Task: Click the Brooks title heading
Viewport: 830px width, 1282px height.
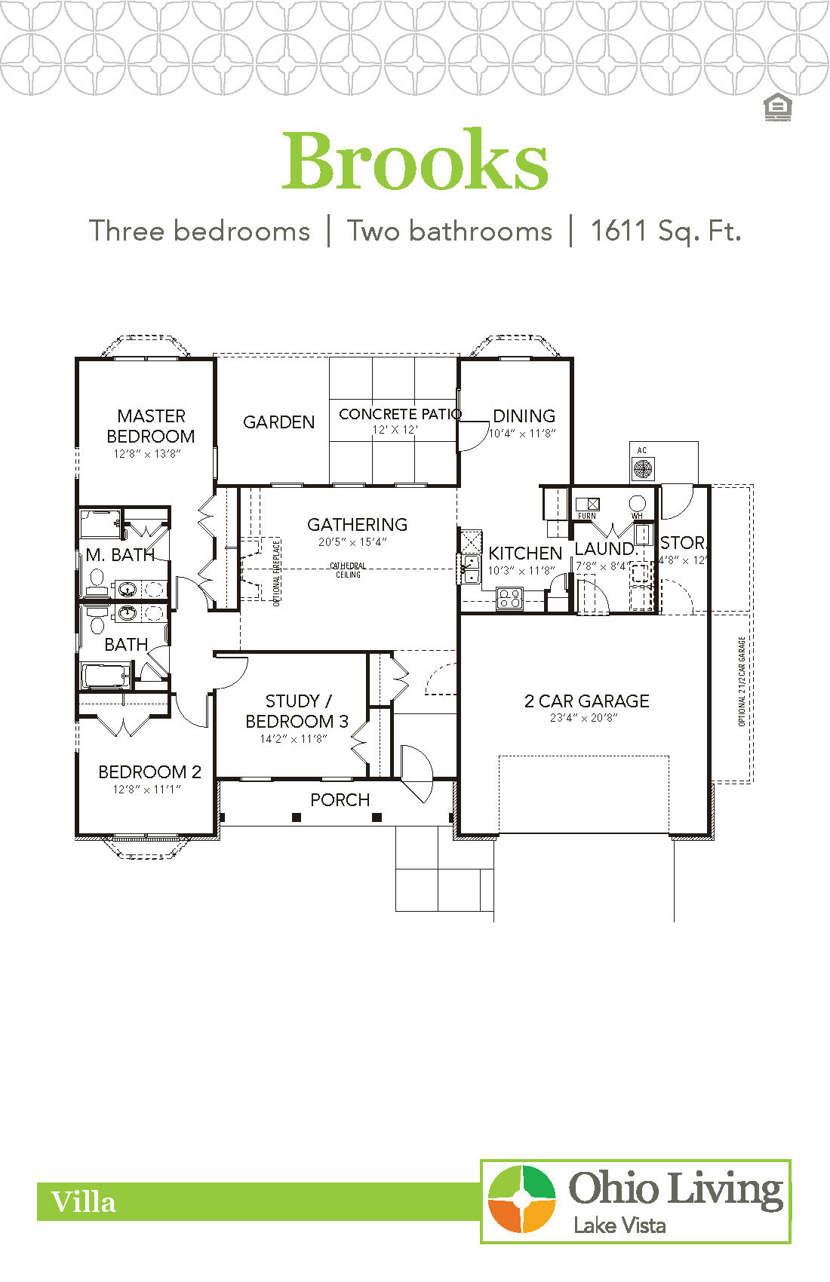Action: pyautogui.click(x=415, y=161)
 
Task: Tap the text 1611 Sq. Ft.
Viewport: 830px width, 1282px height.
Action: pyautogui.click(x=665, y=231)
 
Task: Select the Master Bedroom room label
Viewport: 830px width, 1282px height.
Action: pyautogui.click(x=151, y=426)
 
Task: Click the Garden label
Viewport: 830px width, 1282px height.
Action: pyautogui.click(x=278, y=422)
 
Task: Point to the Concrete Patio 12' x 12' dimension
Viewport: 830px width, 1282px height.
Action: pyautogui.click(x=395, y=430)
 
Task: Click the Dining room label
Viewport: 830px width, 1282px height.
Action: pyautogui.click(x=524, y=416)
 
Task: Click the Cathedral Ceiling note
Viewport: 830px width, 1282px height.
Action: pyautogui.click(x=348, y=570)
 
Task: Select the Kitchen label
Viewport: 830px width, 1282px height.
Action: pyautogui.click(x=525, y=554)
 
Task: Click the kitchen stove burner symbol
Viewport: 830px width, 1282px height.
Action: pyautogui.click(x=509, y=599)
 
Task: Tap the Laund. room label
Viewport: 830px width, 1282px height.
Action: pyautogui.click(x=605, y=548)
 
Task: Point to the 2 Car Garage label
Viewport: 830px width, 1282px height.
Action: pyautogui.click(x=586, y=701)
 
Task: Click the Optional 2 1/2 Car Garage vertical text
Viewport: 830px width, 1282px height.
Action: pyautogui.click(x=742, y=682)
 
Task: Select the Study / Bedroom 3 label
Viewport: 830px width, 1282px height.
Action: pyautogui.click(x=297, y=711)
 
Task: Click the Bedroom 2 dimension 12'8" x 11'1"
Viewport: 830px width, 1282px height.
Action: pyautogui.click(x=146, y=790)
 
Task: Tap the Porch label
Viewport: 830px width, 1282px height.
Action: pyautogui.click(x=340, y=799)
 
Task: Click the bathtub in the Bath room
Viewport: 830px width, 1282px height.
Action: pyautogui.click(x=106, y=676)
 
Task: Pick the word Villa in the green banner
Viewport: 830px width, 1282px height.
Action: pyautogui.click(x=83, y=1201)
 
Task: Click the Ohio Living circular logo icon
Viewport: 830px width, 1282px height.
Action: pyautogui.click(x=521, y=1199)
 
